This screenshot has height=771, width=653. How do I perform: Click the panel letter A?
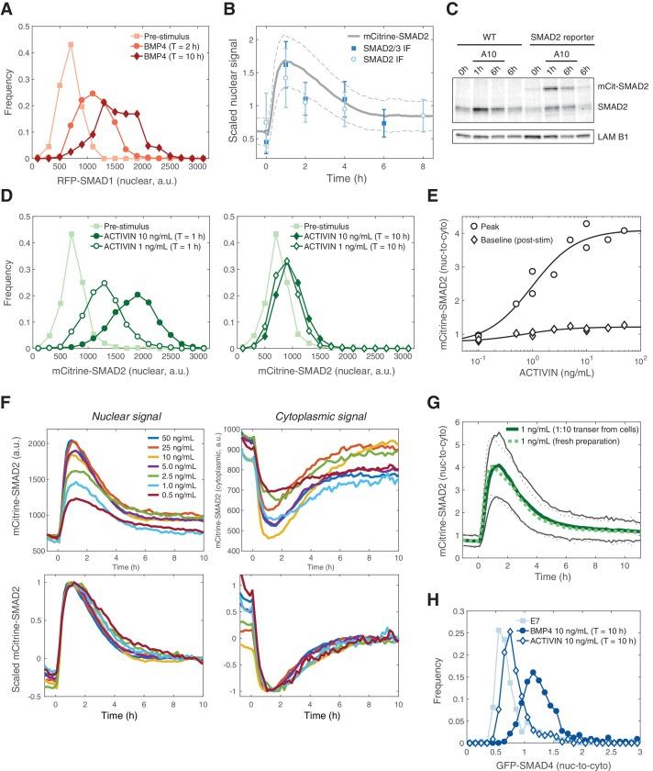tap(8, 8)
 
